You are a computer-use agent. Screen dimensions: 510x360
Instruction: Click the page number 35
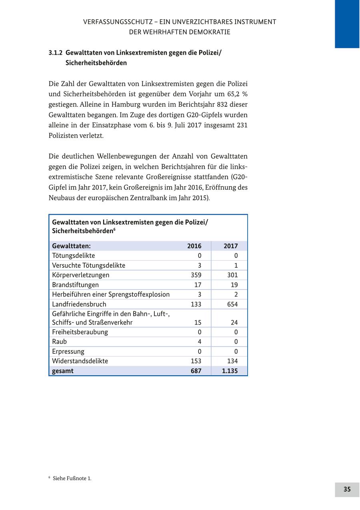point(347,489)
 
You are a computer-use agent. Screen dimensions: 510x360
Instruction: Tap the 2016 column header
point(194,246)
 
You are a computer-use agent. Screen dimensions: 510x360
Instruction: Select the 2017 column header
point(230,246)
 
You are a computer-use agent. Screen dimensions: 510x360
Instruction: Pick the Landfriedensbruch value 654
point(232,304)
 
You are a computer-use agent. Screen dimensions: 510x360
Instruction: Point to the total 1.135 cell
point(230,371)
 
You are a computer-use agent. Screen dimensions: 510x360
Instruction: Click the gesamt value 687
point(196,371)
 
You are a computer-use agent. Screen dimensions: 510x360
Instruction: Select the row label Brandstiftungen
point(75,285)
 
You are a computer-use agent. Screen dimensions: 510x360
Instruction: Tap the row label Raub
point(59,342)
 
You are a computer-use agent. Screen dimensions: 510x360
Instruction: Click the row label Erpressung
point(68,352)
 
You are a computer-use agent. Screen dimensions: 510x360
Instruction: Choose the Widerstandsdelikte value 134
point(232,361)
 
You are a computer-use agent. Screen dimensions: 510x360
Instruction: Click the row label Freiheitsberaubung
point(80,332)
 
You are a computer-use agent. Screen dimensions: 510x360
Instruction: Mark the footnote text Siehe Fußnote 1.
point(72,478)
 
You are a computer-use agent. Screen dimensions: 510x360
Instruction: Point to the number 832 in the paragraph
point(222,105)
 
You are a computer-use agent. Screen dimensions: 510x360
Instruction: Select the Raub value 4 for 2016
point(199,342)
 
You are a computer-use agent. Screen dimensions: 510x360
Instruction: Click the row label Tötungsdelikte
point(73,256)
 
